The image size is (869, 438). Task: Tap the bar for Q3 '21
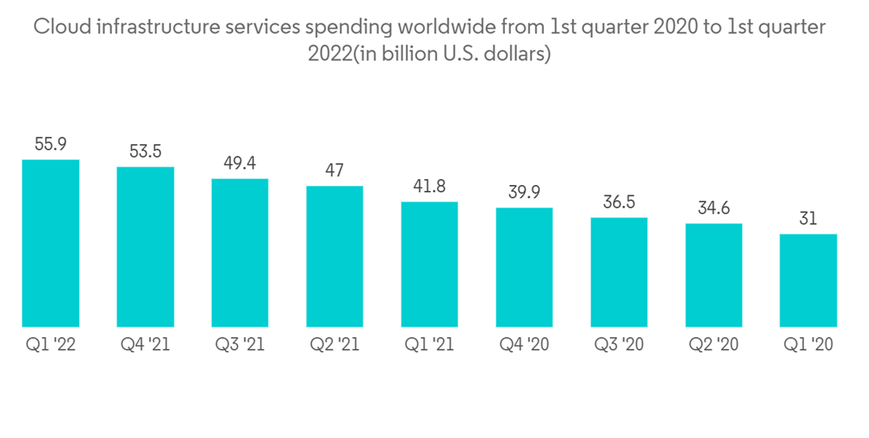(240, 253)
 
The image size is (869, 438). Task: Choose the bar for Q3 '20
(619, 272)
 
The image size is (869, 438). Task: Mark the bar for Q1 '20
(808, 280)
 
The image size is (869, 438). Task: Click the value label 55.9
(50, 144)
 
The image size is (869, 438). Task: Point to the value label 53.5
(145, 151)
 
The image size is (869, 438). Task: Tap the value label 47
(335, 170)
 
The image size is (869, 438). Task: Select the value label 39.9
(524, 192)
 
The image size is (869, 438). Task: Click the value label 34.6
(713, 209)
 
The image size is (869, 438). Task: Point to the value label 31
(808, 219)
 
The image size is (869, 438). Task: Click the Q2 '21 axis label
(335, 345)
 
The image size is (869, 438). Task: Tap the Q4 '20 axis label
(524, 345)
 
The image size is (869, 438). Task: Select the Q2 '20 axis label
(713, 345)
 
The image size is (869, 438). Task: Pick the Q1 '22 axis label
(50, 345)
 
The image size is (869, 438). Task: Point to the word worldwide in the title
(424, 28)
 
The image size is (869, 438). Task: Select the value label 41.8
(429, 186)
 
